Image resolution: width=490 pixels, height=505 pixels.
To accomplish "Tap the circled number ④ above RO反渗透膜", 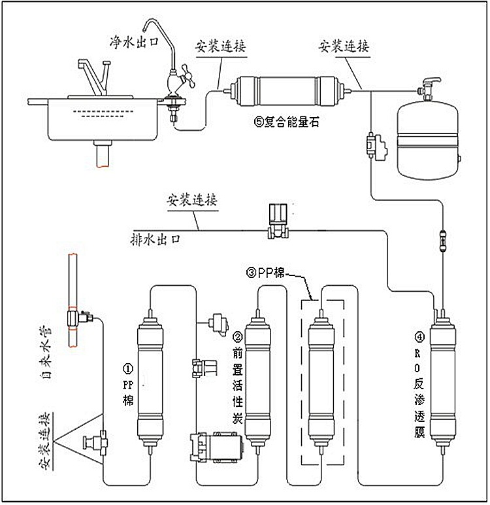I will coord(418,338).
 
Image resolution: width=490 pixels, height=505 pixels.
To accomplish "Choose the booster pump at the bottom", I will coord(216,449).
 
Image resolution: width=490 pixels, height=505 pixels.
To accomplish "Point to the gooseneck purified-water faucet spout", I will coord(161,39).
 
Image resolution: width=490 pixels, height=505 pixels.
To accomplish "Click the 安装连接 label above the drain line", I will coord(192,198).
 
